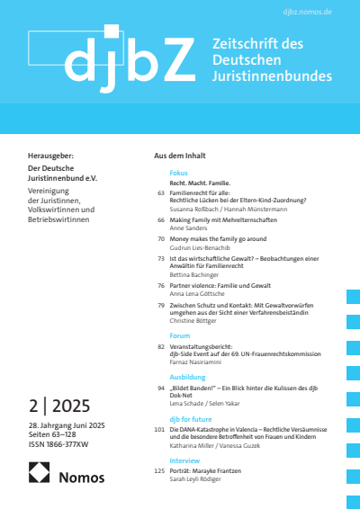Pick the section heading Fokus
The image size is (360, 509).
coord(178,171)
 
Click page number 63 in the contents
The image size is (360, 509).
coord(161,192)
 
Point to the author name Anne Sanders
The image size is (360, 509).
coord(190,227)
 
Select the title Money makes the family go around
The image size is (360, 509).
coord(215,239)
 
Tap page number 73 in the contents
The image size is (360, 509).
coord(161,258)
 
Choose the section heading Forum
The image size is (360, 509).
coord(180,335)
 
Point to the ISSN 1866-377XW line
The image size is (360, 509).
coord(65,442)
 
